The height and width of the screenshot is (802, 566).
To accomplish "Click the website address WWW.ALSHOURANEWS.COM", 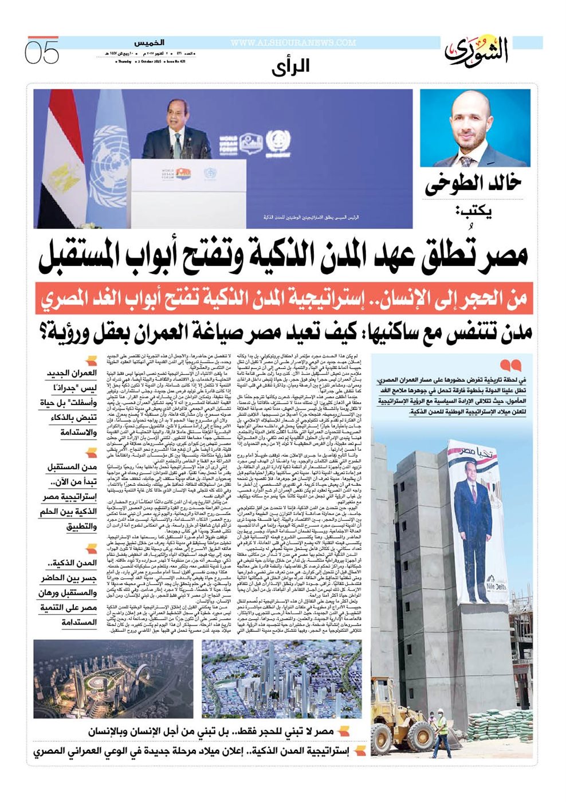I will click(293, 43).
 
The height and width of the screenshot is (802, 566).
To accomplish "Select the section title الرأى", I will click(290, 68).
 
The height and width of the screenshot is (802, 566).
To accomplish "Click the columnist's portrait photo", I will click(475, 128).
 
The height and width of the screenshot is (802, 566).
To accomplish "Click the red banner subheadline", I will click(283, 298).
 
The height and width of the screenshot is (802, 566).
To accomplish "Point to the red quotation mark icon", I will click(510, 365).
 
